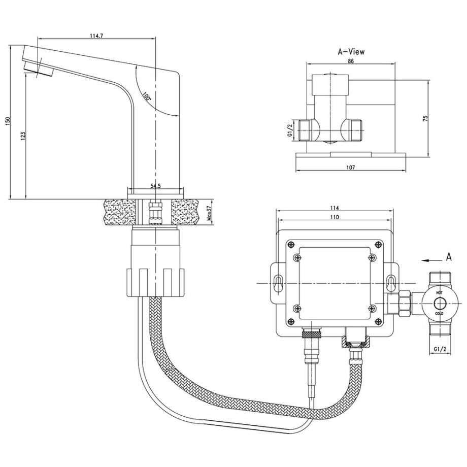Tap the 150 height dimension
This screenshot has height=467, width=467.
(x=7, y=122)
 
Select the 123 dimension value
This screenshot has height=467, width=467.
(x=23, y=136)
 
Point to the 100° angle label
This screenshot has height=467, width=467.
(x=146, y=96)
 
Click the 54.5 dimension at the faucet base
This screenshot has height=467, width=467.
(x=155, y=186)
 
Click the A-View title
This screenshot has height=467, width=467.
(x=351, y=51)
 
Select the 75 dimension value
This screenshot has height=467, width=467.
(x=426, y=118)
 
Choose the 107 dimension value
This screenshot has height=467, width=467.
(x=350, y=168)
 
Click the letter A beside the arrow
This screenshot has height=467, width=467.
(x=448, y=257)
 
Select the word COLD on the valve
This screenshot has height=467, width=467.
(x=439, y=314)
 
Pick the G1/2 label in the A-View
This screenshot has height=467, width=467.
(x=289, y=130)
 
